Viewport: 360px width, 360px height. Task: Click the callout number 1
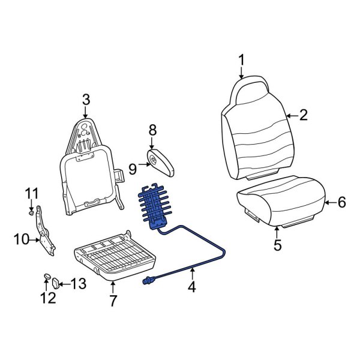click(x=241, y=61)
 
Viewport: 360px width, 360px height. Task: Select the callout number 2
click(x=303, y=115)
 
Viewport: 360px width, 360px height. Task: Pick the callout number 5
click(x=277, y=245)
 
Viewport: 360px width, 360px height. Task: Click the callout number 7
click(x=113, y=301)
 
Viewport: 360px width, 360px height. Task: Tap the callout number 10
click(x=21, y=240)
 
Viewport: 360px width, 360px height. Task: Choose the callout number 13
click(x=79, y=283)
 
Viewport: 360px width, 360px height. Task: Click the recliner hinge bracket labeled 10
click(x=44, y=231)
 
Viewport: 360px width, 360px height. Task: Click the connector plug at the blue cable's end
click(x=148, y=280)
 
